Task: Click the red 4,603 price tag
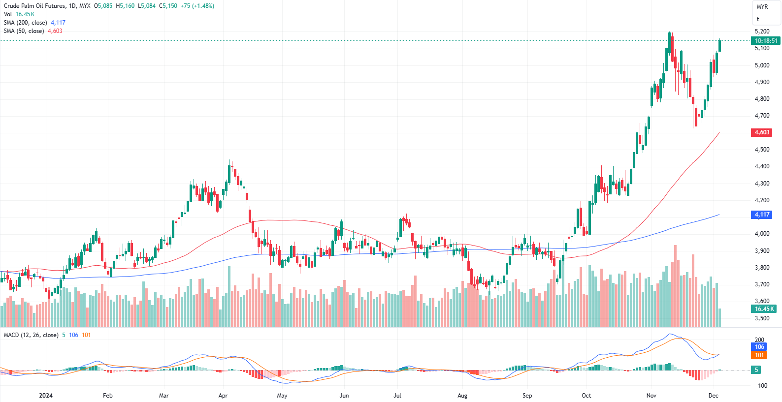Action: [x=762, y=132]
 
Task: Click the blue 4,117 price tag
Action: [x=762, y=215]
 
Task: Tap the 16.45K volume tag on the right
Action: [x=764, y=309]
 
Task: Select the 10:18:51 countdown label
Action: [x=766, y=41]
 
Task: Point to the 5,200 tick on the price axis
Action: [x=762, y=31]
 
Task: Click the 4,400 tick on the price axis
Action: [x=762, y=166]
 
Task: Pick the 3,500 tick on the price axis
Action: [x=762, y=318]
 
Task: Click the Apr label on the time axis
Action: [x=223, y=396]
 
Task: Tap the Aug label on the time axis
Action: [x=462, y=396]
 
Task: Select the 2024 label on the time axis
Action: [x=46, y=396]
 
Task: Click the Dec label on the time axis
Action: [x=713, y=396]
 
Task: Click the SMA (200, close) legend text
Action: [x=26, y=23]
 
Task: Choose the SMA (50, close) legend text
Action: [x=24, y=31]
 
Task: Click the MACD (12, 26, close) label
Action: [x=31, y=335]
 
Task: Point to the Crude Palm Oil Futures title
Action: [x=34, y=6]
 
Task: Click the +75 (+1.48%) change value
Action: [x=197, y=6]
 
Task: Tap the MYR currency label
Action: [x=762, y=7]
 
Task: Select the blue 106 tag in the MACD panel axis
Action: [x=759, y=347]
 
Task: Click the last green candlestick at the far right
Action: [x=719, y=46]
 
